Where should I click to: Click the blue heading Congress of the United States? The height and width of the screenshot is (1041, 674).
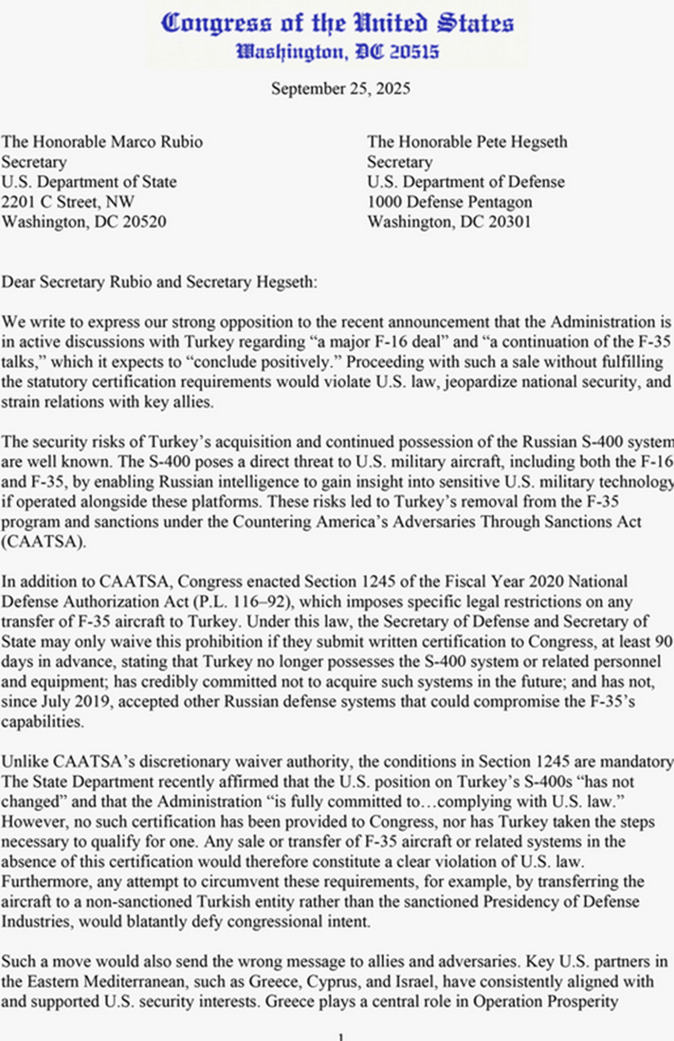(x=337, y=23)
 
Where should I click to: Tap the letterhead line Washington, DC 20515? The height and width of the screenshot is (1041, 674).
(x=337, y=51)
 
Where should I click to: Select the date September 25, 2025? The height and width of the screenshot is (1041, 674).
(x=340, y=89)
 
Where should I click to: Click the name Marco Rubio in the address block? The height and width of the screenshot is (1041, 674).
(x=157, y=142)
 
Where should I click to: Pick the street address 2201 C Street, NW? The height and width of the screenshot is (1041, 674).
(x=67, y=202)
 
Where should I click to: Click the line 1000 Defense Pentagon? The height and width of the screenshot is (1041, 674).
(x=449, y=202)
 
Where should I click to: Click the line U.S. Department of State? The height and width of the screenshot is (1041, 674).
(x=89, y=182)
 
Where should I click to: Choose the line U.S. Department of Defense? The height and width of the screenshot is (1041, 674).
(x=465, y=182)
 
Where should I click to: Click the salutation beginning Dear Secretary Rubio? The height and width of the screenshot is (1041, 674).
(x=159, y=282)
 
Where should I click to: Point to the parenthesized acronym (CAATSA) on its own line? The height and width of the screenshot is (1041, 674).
(x=44, y=542)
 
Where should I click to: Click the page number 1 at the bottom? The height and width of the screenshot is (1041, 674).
(x=341, y=1037)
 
